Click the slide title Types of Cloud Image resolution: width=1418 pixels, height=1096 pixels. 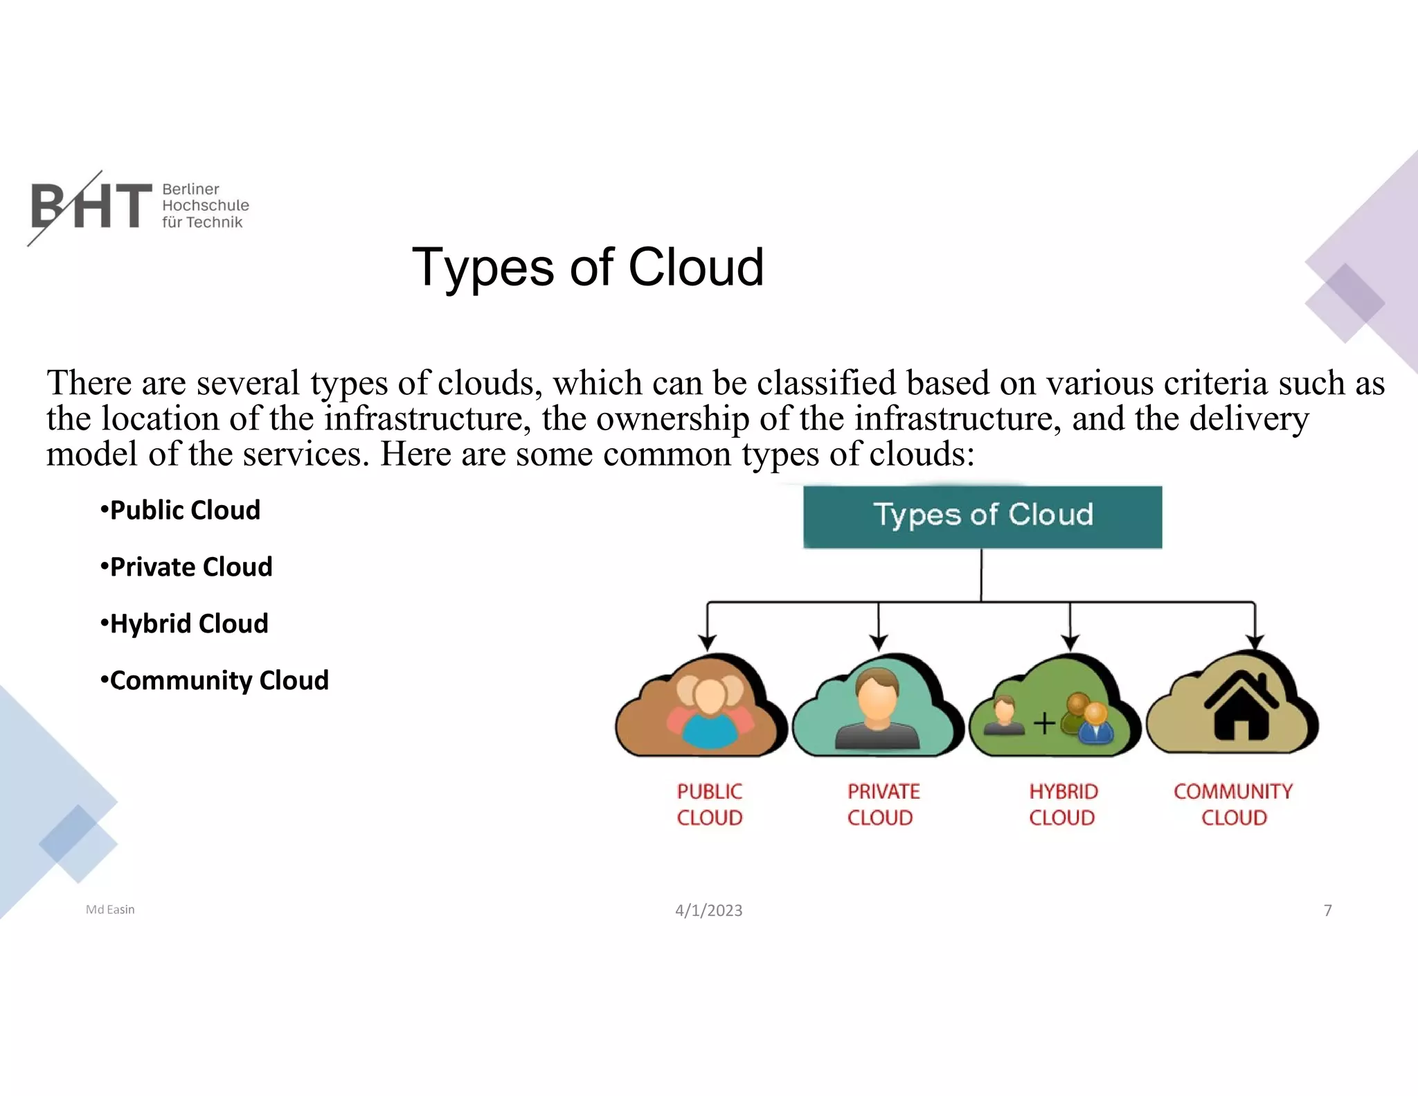tap(588, 267)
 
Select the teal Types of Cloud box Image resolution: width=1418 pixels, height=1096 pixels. tap(982, 517)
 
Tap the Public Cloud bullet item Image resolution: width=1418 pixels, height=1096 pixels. tap(181, 510)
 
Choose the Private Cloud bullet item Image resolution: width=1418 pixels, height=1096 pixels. tap(187, 567)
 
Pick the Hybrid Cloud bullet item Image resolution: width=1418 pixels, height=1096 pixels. tap(185, 624)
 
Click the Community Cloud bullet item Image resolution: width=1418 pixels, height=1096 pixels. tap(215, 680)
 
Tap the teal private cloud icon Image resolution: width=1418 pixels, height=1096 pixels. tap(877, 707)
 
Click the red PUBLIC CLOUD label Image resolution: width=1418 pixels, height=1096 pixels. tap(709, 804)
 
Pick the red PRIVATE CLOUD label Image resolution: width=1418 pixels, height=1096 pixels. tap(883, 804)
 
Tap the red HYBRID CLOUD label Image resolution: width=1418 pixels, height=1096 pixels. tap(1063, 804)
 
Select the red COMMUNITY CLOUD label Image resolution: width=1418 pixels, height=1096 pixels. tap(1233, 804)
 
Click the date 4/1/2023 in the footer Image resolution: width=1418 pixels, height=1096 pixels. tap(708, 910)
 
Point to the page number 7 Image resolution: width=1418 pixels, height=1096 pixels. tap(1327, 910)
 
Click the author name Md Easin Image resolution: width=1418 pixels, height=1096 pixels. tap(110, 910)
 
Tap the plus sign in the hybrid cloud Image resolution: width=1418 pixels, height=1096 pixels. tap(1044, 724)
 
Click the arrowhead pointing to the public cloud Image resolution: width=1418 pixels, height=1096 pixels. tap(707, 642)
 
